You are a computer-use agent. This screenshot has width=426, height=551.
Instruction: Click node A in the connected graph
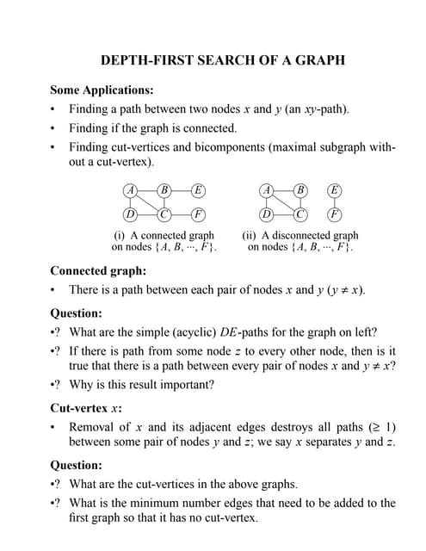tap(130, 190)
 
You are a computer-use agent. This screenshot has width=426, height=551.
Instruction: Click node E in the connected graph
tap(198, 190)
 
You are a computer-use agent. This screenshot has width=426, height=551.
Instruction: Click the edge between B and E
tap(181, 190)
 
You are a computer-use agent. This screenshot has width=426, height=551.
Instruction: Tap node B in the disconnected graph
tap(300, 190)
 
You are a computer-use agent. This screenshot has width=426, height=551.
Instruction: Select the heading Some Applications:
tap(102, 90)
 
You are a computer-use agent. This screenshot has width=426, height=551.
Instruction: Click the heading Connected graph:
tap(97, 270)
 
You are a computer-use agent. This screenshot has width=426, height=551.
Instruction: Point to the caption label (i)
tap(120, 235)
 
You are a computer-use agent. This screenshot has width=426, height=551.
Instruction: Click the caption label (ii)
tap(249, 235)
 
